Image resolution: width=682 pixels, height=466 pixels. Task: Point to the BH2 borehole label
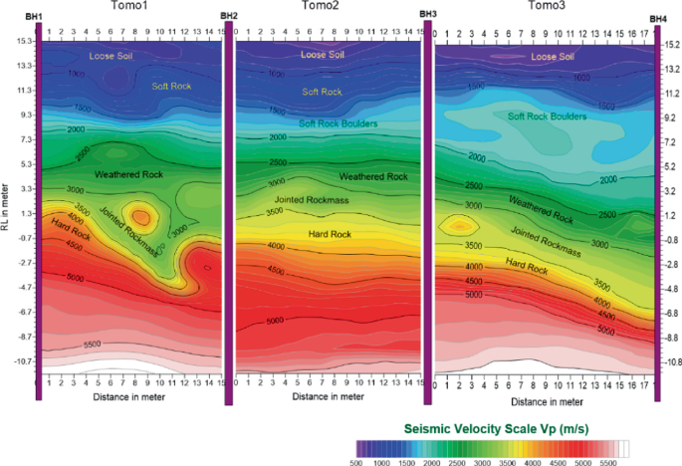pos(228,17)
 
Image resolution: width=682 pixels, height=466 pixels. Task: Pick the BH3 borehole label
pos(428,14)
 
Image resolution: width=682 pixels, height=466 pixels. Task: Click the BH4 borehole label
pos(658,18)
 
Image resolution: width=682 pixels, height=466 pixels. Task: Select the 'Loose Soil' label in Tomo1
pos(111,56)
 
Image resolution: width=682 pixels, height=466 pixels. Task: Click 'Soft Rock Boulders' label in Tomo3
pos(548,116)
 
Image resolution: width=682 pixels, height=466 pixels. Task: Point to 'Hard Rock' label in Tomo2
pos(329,234)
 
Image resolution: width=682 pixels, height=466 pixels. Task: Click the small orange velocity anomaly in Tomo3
pos(458,225)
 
